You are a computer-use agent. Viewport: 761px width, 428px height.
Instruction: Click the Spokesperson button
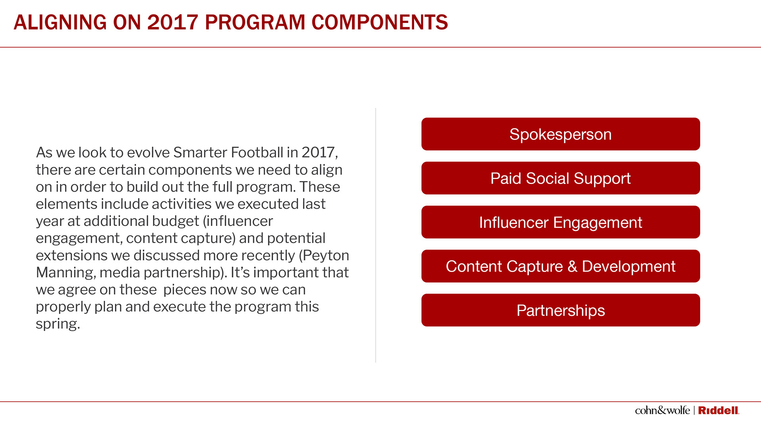click(x=560, y=134)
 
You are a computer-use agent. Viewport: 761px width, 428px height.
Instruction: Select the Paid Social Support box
click(x=560, y=178)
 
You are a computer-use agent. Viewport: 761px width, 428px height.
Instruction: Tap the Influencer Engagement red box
click(x=560, y=222)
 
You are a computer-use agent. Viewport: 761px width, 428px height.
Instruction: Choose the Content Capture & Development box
click(x=560, y=266)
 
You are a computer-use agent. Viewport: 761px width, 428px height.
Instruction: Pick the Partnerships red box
click(x=560, y=310)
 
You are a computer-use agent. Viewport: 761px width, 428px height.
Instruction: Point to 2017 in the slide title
click(x=172, y=22)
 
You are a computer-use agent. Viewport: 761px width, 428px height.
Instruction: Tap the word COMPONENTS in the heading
click(x=380, y=22)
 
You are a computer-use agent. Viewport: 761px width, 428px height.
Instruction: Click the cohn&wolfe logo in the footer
click(x=662, y=410)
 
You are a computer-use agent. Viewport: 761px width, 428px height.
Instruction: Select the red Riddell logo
click(x=719, y=411)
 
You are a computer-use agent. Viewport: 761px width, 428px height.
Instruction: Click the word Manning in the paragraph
click(x=66, y=273)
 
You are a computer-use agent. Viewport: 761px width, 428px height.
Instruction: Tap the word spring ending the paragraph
click(x=58, y=324)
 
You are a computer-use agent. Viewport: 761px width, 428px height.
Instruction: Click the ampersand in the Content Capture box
click(x=572, y=266)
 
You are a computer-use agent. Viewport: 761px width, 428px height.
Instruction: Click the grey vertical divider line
click(x=376, y=235)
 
